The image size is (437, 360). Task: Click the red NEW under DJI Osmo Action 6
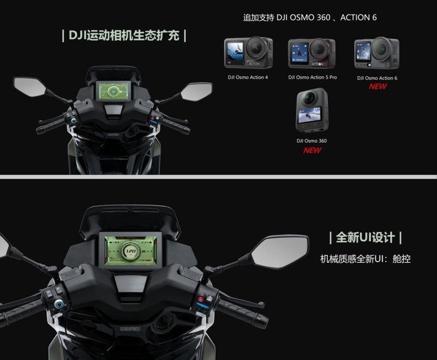(378, 86)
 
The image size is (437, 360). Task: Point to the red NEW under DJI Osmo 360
(312, 150)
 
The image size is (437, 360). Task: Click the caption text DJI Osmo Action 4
(248, 77)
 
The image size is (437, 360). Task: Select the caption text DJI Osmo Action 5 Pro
(312, 77)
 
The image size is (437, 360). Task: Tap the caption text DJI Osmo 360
(312, 141)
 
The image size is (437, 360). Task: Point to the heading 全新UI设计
(366, 237)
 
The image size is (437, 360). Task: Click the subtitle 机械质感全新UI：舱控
(366, 259)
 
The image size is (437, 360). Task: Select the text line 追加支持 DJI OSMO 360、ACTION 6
(310, 17)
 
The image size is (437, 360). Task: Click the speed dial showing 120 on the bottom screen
(131, 251)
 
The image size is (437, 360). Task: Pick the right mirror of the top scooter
(197, 92)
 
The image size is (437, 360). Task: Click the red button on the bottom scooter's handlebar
(200, 298)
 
